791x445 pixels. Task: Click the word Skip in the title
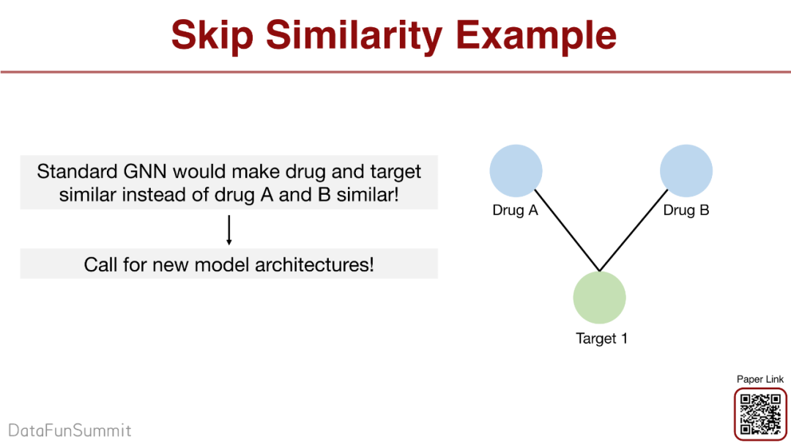[x=212, y=37]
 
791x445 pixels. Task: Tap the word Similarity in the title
[x=354, y=37]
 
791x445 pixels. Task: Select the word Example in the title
[x=535, y=37]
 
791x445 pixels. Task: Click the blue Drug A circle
[x=516, y=171]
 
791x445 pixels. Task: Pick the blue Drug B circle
[x=686, y=171]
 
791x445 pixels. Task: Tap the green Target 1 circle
[x=599, y=297]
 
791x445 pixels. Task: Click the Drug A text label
[x=515, y=210]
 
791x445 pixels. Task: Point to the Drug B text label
[x=686, y=210]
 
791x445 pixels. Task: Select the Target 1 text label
[x=601, y=338]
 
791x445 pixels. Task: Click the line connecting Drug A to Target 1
[x=567, y=231]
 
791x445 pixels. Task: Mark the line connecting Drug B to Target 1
[x=634, y=231]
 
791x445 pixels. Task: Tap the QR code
[x=760, y=414]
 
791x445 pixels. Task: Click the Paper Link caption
[x=760, y=379]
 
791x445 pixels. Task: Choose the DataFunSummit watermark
[x=70, y=430]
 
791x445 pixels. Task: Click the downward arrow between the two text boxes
[x=229, y=230]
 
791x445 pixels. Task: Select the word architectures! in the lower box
[x=315, y=264]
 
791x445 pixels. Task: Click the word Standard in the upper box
[x=77, y=171]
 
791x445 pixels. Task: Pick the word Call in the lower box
[x=100, y=264]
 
